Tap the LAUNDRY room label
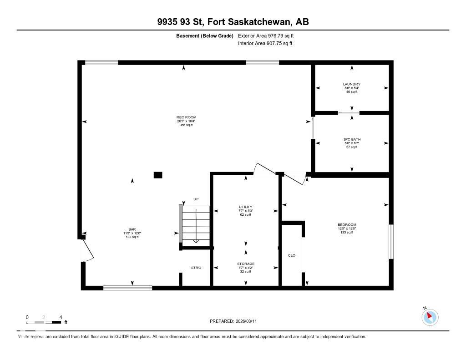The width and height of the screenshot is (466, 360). (x=351, y=84)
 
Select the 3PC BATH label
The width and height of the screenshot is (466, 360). (x=351, y=139)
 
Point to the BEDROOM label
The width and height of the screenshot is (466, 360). (x=346, y=225)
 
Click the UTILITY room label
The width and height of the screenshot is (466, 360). (x=246, y=207)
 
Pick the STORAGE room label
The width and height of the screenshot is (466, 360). (x=246, y=264)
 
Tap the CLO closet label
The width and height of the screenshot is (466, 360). (x=292, y=255)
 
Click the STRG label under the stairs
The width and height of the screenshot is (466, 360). (x=196, y=268)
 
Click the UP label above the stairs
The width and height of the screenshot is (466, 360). (x=196, y=199)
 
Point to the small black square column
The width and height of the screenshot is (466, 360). (x=158, y=175)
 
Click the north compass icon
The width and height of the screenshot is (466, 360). (x=430, y=317)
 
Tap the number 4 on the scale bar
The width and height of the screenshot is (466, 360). (x=61, y=317)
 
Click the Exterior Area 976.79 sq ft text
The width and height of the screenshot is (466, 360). (x=269, y=35)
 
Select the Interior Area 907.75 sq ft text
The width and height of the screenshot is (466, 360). (x=265, y=44)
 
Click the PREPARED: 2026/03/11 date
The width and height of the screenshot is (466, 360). (x=236, y=321)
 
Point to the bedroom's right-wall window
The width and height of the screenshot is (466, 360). (x=391, y=242)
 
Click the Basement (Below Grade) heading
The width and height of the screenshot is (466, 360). (x=204, y=35)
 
